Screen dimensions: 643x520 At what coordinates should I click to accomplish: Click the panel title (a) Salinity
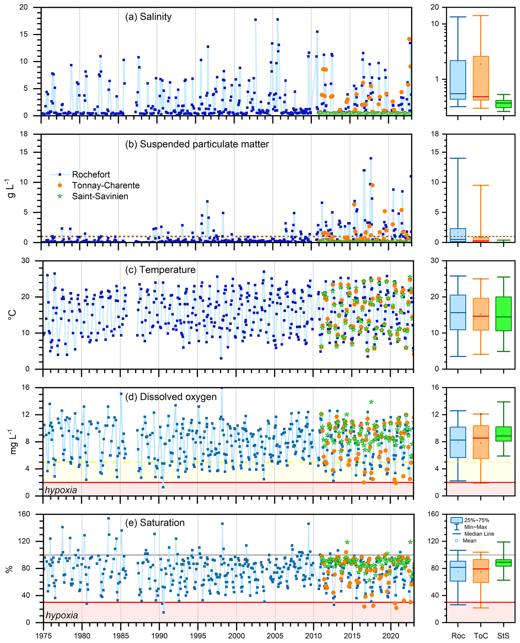tap(148, 17)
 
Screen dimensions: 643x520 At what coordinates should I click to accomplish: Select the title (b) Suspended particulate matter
tap(197, 144)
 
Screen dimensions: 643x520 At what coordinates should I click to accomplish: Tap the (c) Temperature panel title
tap(160, 270)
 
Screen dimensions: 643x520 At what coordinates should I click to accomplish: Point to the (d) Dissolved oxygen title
tap(171, 397)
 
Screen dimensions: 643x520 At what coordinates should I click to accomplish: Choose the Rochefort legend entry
tap(91, 174)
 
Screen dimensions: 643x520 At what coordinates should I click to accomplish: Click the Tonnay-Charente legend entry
tap(105, 185)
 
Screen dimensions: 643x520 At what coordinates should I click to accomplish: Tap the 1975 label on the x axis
tap(44, 635)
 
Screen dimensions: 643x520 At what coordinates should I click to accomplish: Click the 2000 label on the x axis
tap(236, 635)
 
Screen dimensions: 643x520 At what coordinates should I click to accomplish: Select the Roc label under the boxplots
tap(458, 635)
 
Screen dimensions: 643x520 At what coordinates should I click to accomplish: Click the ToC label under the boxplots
tap(481, 635)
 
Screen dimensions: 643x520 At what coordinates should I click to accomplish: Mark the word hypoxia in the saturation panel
tap(62, 615)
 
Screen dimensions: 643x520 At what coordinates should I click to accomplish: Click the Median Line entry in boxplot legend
tap(479, 533)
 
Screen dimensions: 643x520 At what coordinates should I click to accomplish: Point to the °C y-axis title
tap(12, 314)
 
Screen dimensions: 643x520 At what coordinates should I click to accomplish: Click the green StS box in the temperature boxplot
tap(504, 313)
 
